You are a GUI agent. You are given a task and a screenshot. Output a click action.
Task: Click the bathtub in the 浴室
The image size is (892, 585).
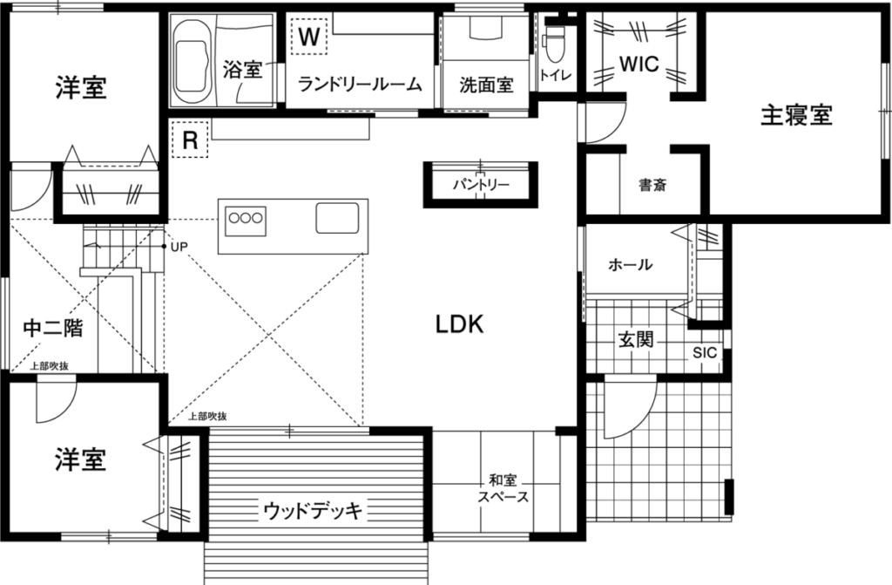point(193,60)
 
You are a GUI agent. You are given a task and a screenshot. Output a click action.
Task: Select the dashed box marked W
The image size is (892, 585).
point(309,37)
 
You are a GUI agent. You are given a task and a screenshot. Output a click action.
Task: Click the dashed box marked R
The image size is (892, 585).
point(190,139)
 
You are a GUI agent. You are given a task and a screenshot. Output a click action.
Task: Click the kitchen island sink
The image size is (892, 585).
point(337,218)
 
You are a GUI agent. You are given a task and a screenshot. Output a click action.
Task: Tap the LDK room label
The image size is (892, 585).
point(460,324)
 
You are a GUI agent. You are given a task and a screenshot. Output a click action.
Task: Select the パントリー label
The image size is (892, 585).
point(481,185)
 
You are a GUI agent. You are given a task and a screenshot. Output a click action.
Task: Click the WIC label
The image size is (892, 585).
point(639,64)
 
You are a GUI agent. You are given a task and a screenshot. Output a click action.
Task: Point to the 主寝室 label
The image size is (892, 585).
point(796,116)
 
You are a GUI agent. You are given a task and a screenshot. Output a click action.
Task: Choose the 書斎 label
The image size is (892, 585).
point(652,185)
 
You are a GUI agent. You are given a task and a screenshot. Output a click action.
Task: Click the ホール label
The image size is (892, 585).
point(631,264)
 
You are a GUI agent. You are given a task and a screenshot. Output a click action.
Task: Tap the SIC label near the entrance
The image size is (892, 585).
point(705,352)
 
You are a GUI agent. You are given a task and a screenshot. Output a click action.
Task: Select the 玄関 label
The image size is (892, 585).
point(635,340)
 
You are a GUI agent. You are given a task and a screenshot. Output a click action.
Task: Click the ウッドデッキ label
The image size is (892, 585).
point(313,510)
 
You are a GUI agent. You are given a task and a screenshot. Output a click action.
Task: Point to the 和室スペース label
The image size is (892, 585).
point(503,489)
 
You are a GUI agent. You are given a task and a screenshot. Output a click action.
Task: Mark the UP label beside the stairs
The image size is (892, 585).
point(179,247)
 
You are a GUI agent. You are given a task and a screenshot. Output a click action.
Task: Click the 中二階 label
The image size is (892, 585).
point(53,328)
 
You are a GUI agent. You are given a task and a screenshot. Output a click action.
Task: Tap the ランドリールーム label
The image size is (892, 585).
point(360,85)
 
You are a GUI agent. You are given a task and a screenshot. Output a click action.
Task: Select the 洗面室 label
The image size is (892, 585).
point(486,85)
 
